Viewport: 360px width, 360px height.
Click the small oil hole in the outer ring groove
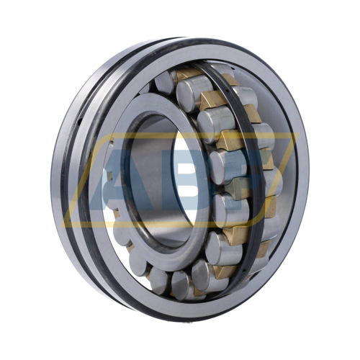[80, 121]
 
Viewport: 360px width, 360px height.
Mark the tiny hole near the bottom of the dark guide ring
[244, 273]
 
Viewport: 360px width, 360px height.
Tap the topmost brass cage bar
[189, 74]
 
